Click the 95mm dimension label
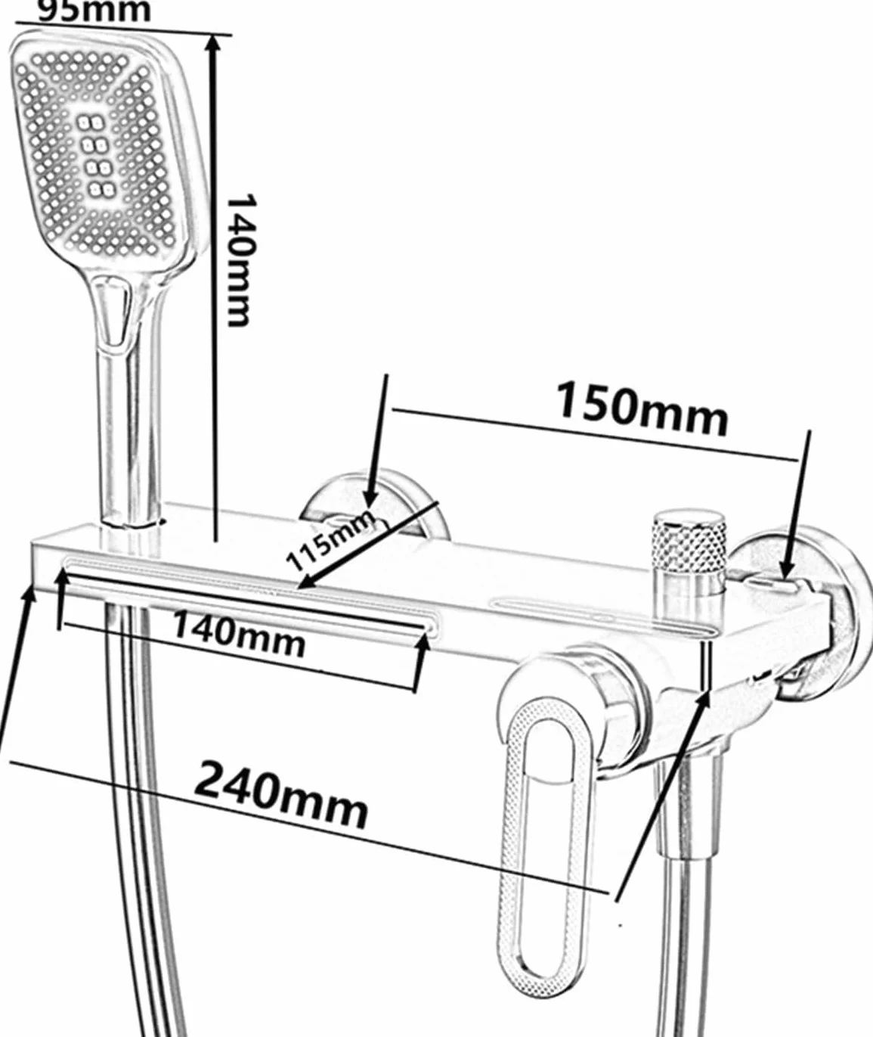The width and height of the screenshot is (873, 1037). pyautogui.click(x=94, y=10)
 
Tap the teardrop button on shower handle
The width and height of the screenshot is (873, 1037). pyautogui.click(x=115, y=313)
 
